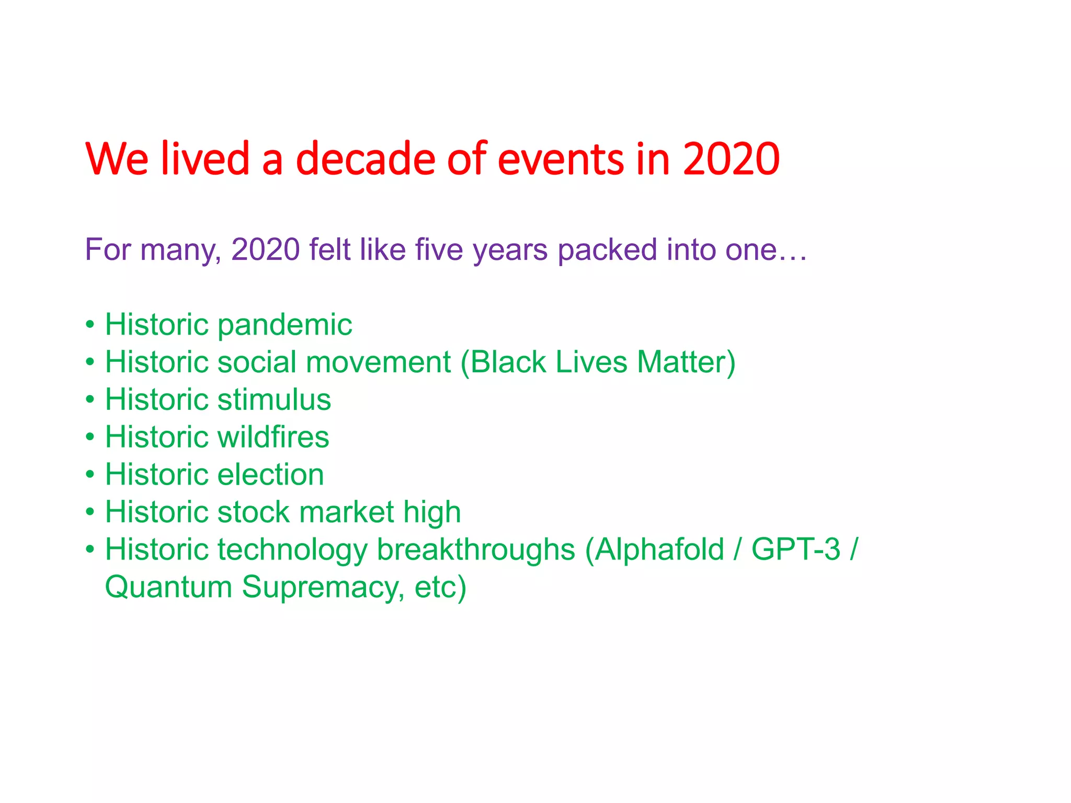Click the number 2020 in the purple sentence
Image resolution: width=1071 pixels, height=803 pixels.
point(265,249)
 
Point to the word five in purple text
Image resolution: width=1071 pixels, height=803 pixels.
point(439,249)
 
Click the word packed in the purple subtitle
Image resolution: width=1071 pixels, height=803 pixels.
point(607,250)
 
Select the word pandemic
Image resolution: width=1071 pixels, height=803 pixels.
point(284,325)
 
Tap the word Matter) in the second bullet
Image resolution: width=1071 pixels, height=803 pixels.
point(686,362)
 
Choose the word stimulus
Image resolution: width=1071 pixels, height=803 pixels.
point(274,399)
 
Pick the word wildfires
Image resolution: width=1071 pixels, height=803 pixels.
point(273,437)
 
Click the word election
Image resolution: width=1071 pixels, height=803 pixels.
point(270,475)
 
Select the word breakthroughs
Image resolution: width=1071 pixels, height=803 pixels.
point(476,550)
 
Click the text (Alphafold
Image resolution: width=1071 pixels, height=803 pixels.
point(654,550)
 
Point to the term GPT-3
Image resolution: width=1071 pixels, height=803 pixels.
point(795,550)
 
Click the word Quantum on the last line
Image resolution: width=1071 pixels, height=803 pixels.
point(168,588)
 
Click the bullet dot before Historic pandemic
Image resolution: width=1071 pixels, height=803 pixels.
point(90,325)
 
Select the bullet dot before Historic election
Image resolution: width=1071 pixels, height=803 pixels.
point(90,475)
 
